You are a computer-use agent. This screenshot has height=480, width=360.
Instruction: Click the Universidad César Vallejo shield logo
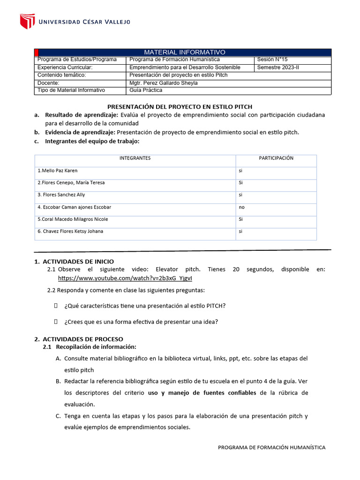point(27,21)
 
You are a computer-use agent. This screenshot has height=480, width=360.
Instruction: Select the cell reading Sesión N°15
point(271,60)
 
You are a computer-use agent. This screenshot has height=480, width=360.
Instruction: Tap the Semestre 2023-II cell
point(278,67)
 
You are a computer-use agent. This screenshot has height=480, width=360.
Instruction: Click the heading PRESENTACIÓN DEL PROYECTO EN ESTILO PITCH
point(180,107)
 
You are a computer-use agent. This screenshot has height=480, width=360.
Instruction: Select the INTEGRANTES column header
point(135,158)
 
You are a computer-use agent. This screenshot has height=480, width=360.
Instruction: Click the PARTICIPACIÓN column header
point(276,158)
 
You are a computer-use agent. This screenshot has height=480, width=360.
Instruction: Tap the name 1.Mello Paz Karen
point(57,171)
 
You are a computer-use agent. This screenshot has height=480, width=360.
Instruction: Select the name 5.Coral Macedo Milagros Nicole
point(73,219)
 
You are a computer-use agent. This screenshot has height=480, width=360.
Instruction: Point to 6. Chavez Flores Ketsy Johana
point(70,232)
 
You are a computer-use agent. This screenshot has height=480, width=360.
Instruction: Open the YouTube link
point(125,278)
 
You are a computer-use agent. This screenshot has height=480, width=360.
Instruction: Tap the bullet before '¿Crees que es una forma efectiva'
point(56,321)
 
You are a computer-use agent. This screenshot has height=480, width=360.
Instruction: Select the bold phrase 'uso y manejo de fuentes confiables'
point(202,392)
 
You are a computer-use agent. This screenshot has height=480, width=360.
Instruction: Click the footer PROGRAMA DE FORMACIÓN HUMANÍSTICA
point(271,447)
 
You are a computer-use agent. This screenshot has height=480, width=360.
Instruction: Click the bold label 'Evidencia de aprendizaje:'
point(80,132)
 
